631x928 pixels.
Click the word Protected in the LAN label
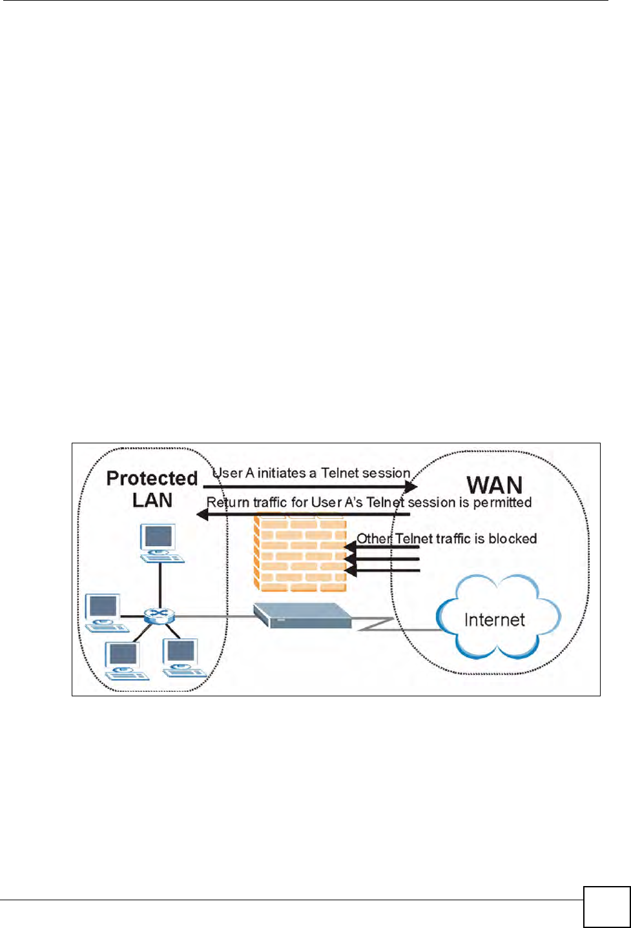pos(152,478)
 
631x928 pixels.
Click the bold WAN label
pos(494,485)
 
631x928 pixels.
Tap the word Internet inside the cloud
pos(494,620)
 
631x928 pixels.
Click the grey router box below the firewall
pos(302,615)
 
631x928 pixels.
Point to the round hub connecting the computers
pos(155,616)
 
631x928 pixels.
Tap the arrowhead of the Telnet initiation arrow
pos(411,487)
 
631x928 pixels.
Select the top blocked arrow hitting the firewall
pos(349,548)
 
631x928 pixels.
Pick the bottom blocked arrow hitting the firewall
pos(349,570)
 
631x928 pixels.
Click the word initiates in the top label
pos(282,473)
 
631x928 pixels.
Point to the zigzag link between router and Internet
pos(375,623)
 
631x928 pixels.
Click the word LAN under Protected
pos(152,500)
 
